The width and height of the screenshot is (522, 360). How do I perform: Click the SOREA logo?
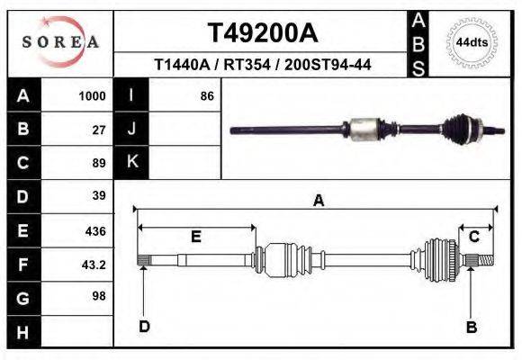(59, 41)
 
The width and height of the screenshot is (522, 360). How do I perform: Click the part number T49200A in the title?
(263, 33)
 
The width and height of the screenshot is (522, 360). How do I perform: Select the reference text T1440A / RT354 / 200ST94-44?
(263, 65)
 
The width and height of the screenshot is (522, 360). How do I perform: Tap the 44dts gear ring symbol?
(472, 41)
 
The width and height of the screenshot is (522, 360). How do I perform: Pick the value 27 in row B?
(99, 130)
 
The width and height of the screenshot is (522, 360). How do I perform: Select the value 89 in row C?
(99, 163)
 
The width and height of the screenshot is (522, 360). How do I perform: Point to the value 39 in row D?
(99, 196)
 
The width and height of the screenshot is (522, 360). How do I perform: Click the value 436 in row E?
(95, 230)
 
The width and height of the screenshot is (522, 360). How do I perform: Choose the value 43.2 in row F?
(94, 265)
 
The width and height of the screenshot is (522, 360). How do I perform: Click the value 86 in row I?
(206, 95)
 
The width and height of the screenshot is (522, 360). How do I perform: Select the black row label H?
(23, 332)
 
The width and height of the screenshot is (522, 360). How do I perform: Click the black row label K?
(132, 163)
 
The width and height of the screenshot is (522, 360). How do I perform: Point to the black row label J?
(132, 130)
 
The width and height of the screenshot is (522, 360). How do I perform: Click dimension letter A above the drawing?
(318, 202)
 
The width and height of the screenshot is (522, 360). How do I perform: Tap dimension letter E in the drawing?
(195, 236)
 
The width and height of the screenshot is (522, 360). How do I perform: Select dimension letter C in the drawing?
(473, 236)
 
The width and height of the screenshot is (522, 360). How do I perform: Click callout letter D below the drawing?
(144, 327)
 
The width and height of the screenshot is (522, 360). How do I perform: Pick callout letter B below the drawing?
(471, 327)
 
